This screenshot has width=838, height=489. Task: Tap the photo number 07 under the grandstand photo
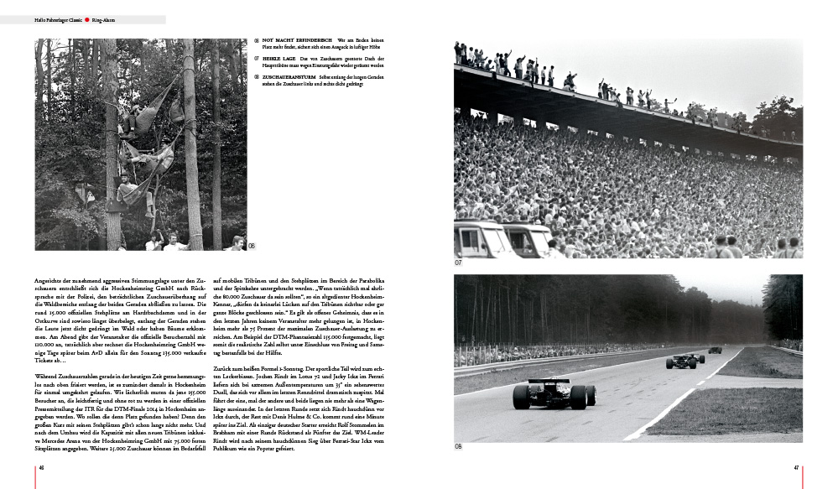click(x=459, y=263)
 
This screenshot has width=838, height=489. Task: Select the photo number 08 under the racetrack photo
click(x=459, y=446)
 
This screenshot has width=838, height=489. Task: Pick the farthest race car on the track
click(x=714, y=350)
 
